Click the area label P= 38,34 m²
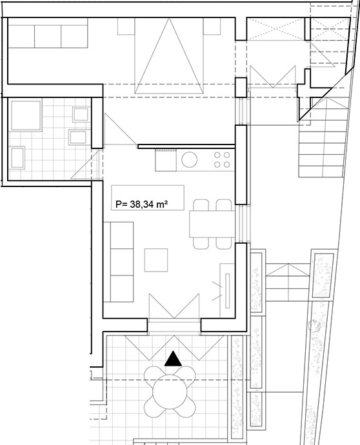click(141, 204)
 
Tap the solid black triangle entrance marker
click(173, 359)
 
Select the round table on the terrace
click(170, 392)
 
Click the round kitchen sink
click(190, 160)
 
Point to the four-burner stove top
click(222, 160)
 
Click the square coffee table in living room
click(156, 260)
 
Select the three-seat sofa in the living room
click(119, 262)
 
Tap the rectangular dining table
click(212, 224)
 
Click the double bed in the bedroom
click(169, 55)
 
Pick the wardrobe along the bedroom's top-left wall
click(48, 33)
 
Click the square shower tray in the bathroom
click(26, 115)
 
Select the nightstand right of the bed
click(212, 26)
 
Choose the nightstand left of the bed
click(126, 26)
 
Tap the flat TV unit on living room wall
click(227, 291)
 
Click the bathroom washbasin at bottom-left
click(17, 157)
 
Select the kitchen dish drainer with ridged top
click(166, 160)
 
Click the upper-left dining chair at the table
click(201, 205)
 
